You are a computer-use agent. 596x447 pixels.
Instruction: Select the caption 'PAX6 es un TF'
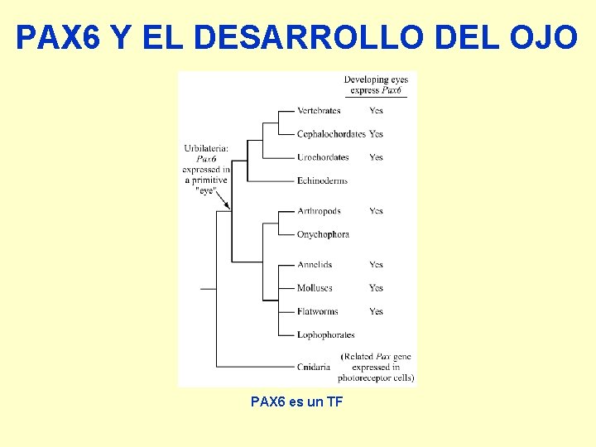(297, 401)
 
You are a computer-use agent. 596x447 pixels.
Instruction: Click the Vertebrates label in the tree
(319, 111)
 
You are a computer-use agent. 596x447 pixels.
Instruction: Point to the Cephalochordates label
(331, 134)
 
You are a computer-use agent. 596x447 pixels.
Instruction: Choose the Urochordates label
(323, 157)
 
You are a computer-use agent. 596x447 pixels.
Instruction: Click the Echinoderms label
(322, 180)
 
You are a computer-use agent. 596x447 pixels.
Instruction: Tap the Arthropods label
(319, 211)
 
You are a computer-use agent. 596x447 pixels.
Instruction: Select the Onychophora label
(323, 234)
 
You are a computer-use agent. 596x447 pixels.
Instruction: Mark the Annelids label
(315, 265)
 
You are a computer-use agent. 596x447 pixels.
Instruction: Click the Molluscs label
(315, 288)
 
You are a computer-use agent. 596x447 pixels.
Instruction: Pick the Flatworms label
(317, 312)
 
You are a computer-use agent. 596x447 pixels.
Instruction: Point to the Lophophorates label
(325, 335)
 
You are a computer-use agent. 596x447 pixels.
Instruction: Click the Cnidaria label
(314, 366)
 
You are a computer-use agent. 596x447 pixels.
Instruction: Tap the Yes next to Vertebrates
(377, 111)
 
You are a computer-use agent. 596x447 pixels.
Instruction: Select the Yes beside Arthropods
(377, 211)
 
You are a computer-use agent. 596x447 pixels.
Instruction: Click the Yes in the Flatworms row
(377, 312)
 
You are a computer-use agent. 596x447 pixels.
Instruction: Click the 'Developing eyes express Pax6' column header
(376, 84)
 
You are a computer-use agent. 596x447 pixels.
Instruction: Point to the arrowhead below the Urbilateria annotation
(226, 204)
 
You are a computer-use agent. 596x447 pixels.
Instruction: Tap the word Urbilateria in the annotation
(205, 149)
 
